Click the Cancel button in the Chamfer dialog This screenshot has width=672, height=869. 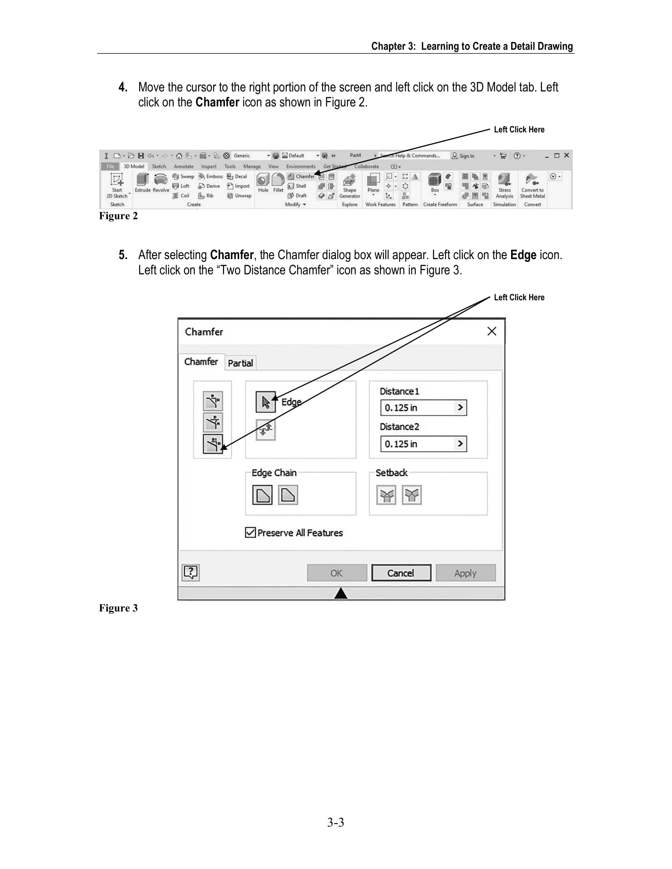point(401,573)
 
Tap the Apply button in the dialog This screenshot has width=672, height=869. point(465,573)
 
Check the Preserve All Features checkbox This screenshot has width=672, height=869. point(250,532)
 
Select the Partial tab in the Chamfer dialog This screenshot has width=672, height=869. point(240,363)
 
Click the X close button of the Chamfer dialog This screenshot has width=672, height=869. point(492,331)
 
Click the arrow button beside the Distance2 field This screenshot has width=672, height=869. point(460,444)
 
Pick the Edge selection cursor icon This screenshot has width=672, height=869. point(266,402)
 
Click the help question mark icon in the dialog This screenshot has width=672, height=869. point(191,572)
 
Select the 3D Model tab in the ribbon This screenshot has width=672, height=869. point(134,166)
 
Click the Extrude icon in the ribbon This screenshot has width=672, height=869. point(143,182)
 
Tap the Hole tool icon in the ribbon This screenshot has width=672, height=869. point(263,182)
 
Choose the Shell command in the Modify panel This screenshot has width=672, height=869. point(297,186)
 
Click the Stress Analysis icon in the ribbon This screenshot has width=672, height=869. point(504,185)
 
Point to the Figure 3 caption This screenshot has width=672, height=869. point(118,608)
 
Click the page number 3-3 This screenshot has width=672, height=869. point(336,822)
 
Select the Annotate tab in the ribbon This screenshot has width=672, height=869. point(183,166)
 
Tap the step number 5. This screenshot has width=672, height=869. point(123,255)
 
